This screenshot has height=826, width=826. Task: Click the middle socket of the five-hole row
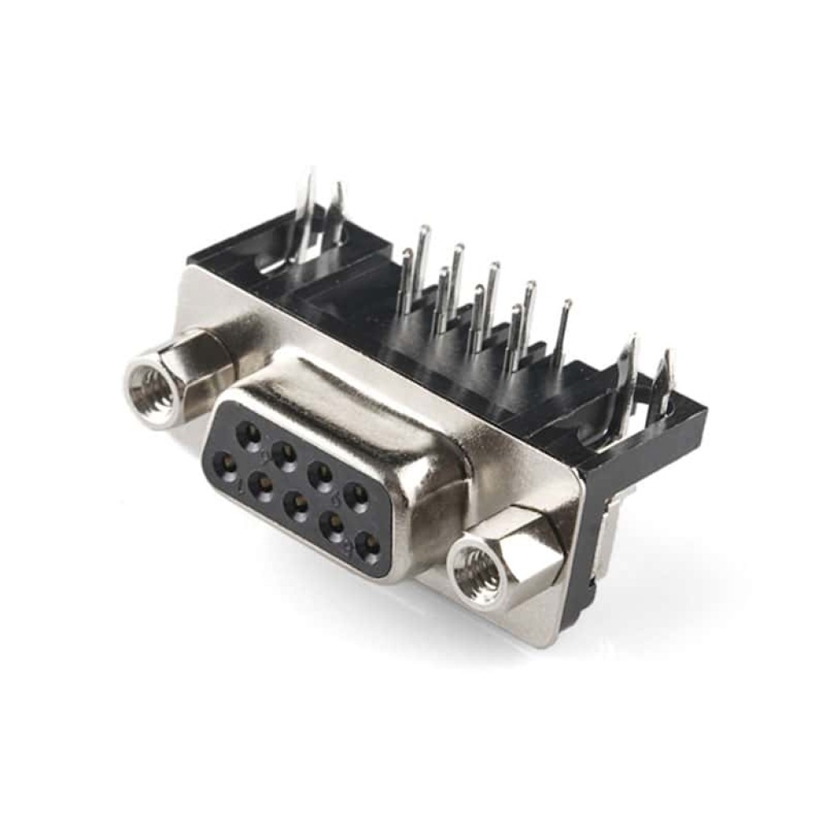click(298, 506)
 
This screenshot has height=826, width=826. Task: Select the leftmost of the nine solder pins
click(406, 282)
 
